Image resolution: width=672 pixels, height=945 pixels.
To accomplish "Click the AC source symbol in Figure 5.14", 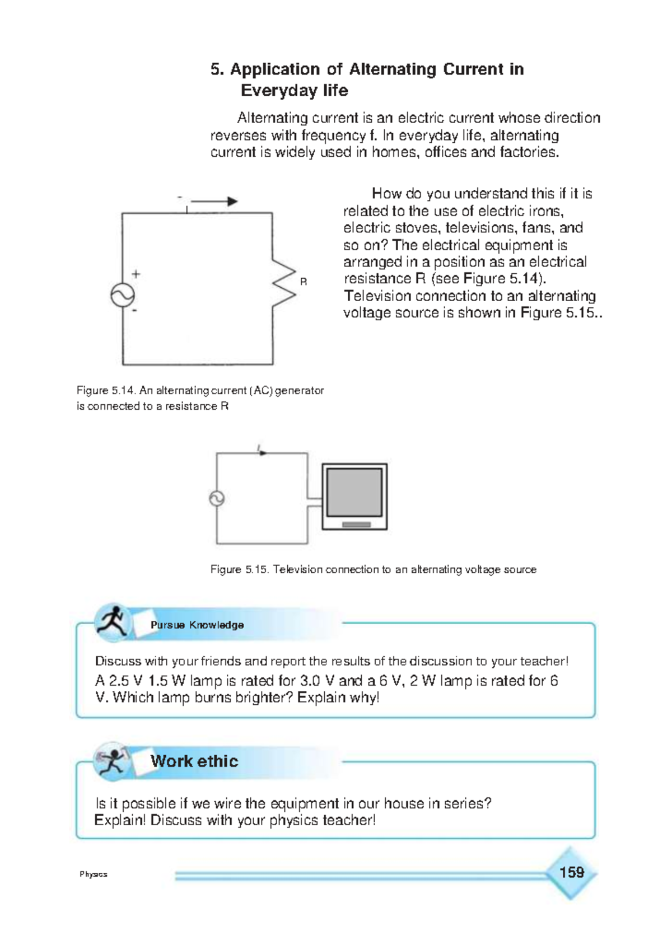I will (x=123, y=295).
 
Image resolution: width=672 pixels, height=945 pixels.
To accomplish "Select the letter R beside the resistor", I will (x=304, y=282).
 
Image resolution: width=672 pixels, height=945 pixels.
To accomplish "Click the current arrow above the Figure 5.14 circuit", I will (x=214, y=202).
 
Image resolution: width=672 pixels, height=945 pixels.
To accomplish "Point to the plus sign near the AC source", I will (x=136, y=274).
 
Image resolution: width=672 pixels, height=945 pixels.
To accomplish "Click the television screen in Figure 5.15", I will (x=354, y=493).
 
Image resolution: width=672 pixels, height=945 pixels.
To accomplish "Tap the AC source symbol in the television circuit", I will (x=217, y=498).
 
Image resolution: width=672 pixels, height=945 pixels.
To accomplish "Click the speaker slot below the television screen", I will (x=356, y=525).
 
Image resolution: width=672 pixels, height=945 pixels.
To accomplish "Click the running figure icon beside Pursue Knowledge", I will (x=112, y=622).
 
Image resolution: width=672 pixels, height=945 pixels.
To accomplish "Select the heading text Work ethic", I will (x=194, y=761).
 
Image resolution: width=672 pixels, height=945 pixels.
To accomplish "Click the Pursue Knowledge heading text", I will (x=197, y=625).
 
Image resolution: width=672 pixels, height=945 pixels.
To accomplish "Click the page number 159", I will (x=571, y=872).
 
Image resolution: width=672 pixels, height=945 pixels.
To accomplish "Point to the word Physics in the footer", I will (x=94, y=874).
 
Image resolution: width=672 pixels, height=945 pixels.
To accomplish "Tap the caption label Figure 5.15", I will (x=240, y=569).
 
